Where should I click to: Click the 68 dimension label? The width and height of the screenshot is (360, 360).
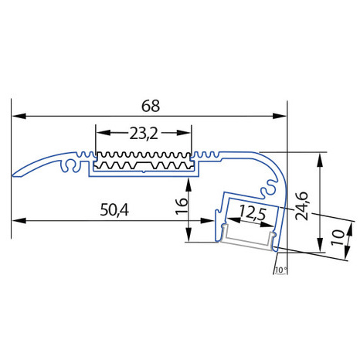point(151,106)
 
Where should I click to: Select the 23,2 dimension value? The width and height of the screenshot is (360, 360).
point(144,134)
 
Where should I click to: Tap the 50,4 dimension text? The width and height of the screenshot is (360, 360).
point(114,210)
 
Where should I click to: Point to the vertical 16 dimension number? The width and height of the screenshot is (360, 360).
point(182,206)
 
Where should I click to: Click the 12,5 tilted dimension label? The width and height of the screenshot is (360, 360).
point(253,213)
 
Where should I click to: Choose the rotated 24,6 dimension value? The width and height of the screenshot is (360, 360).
point(301,206)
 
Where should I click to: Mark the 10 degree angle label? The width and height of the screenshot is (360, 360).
point(280,270)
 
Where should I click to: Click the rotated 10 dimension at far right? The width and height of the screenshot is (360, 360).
point(338,237)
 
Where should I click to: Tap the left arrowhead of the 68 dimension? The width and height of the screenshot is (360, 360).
point(19,116)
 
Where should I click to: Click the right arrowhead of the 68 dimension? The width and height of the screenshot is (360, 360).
point(280,116)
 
